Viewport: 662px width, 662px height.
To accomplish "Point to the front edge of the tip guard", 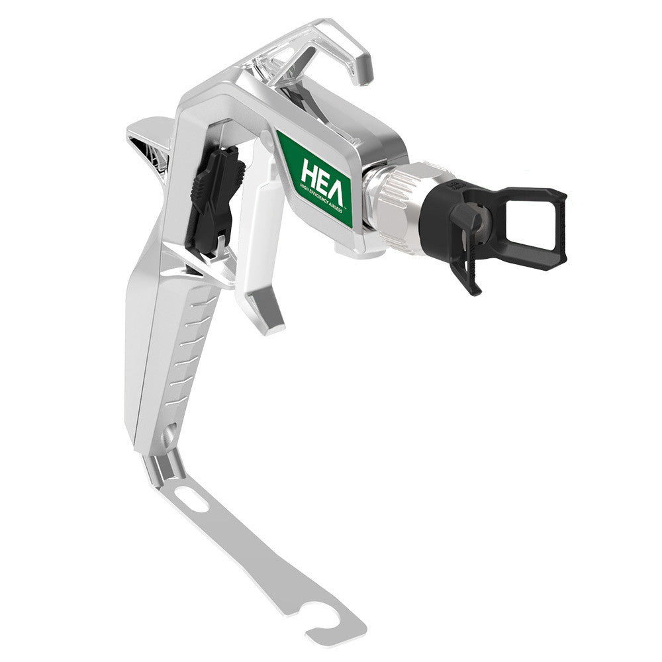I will tap(562, 228).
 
